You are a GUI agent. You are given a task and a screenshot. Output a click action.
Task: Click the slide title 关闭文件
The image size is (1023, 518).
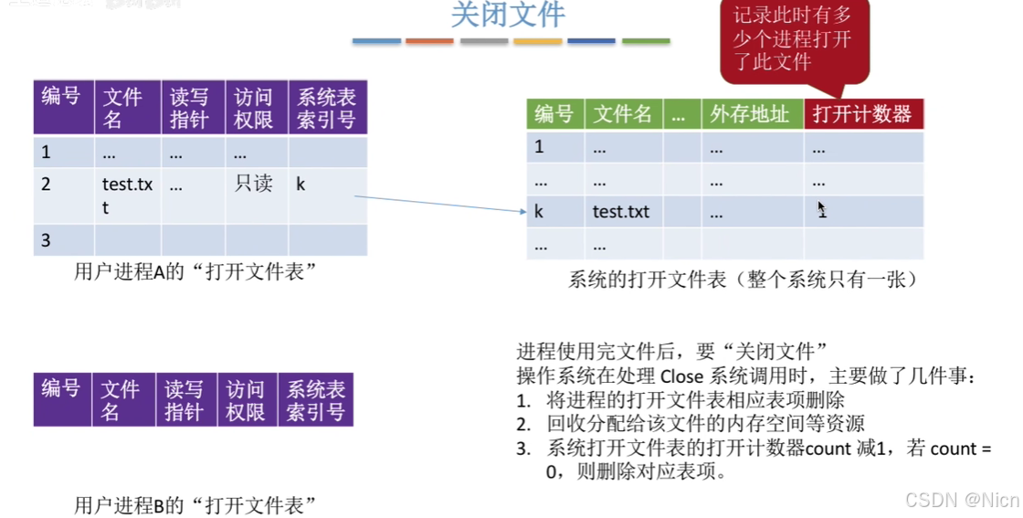(x=508, y=16)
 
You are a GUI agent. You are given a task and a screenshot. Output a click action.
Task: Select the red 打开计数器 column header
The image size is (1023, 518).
(x=862, y=114)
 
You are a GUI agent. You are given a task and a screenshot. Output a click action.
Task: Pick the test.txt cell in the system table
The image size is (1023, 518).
(x=621, y=212)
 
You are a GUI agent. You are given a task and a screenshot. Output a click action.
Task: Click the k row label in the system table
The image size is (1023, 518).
(x=540, y=212)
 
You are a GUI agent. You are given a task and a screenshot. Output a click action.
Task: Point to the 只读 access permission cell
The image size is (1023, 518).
(x=254, y=185)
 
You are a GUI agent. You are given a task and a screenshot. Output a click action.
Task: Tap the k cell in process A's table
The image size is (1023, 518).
(x=301, y=185)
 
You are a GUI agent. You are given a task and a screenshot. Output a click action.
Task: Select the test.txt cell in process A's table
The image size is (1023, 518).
(x=127, y=196)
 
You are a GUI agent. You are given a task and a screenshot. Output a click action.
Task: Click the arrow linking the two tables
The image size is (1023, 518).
(x=438, y=204)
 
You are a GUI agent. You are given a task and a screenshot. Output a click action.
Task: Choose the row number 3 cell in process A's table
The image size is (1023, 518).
(x=46, y=240)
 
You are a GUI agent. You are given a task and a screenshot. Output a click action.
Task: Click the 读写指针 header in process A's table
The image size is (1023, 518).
(x=190, y=108)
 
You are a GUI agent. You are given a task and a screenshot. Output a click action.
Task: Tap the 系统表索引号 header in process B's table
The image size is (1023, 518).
(x=316, y=400)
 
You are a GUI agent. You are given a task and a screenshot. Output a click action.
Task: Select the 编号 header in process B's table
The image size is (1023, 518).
(x=61, y=389)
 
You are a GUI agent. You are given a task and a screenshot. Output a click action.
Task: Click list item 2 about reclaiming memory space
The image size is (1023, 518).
(x=705, y=424)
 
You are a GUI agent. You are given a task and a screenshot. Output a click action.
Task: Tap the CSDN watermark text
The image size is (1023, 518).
(x=961, y=500)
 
